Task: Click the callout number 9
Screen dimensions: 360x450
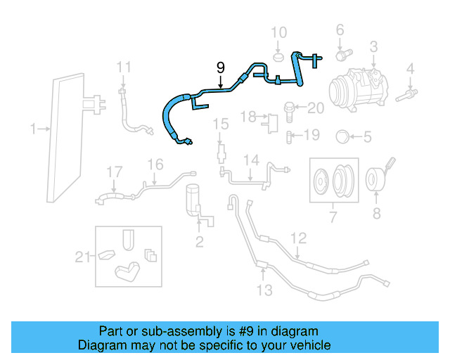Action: [221, 67]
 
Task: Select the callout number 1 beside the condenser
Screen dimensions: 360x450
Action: [34, 129]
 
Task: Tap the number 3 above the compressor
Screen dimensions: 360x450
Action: [373, 47]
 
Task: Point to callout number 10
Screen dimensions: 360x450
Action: [279, 32]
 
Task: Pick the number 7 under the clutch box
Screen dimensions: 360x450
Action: [334, 215]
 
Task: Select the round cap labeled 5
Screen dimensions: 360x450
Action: [342, 136]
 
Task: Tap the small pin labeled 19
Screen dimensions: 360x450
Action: [290, 135]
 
